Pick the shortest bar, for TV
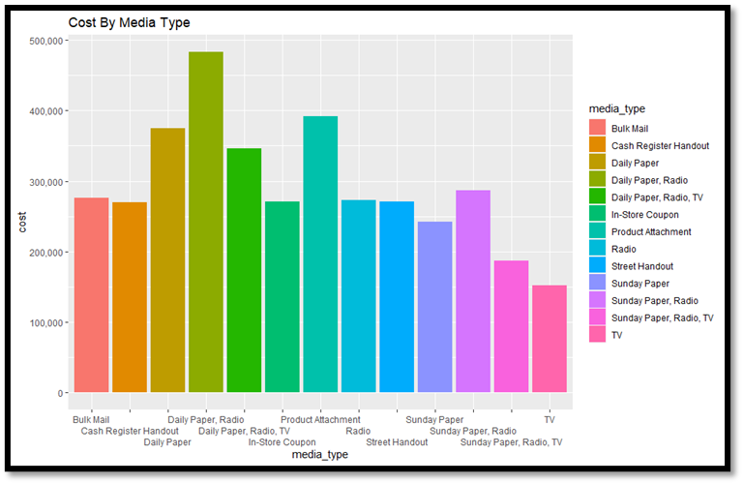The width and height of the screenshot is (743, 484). point(550,339)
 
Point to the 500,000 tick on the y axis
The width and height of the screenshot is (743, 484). point(45,41)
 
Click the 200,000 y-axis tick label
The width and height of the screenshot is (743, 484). point(45,253)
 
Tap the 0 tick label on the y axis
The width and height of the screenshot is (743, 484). point(60,394)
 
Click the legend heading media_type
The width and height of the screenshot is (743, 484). point(617,108)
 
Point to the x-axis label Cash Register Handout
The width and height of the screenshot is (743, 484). point(130,431)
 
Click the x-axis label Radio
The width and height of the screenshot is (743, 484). point(358,431)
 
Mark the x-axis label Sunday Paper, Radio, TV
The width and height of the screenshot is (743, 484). point(511,442)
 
